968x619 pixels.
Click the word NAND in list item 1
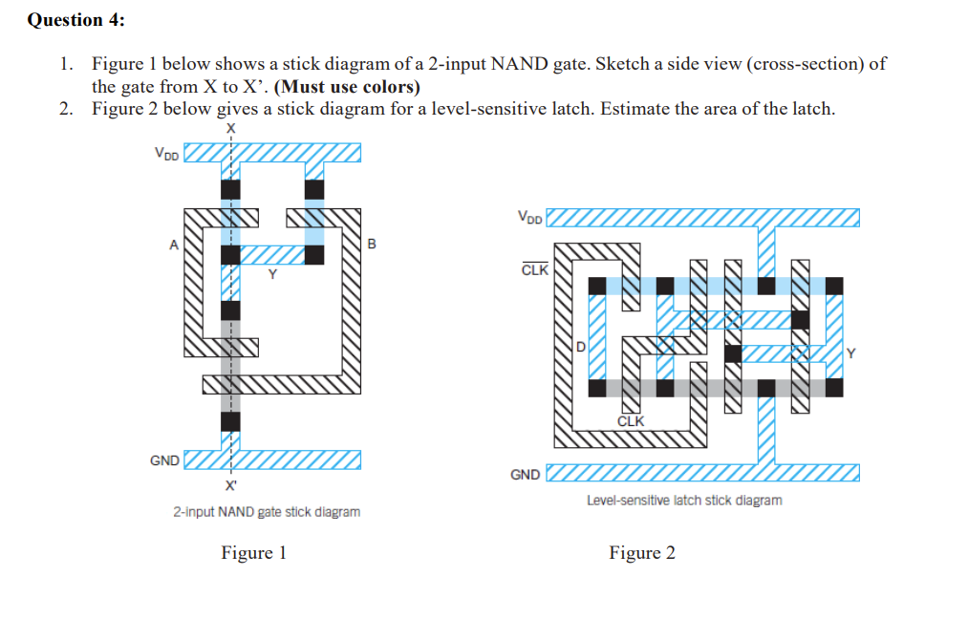(519, 64)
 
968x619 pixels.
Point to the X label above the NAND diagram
(229, 128)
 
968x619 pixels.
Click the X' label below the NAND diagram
(230, 486)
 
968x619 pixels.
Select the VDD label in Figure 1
(165, 152)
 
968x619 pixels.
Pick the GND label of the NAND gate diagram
(164, 461)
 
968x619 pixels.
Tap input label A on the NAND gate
(174, 245)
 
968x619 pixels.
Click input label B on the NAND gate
(372, 245)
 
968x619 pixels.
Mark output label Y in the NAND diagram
(272, 275)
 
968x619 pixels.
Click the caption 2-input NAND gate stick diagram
(267, 512)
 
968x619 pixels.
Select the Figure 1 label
(254, 553)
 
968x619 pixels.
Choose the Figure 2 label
(642, 553)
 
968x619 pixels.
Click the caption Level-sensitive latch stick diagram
(684, 501)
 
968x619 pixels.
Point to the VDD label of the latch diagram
(529, 218)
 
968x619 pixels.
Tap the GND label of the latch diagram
(526, 475)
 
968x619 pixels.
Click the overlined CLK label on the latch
(534, 269)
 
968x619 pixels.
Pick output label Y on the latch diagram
(852, 352)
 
